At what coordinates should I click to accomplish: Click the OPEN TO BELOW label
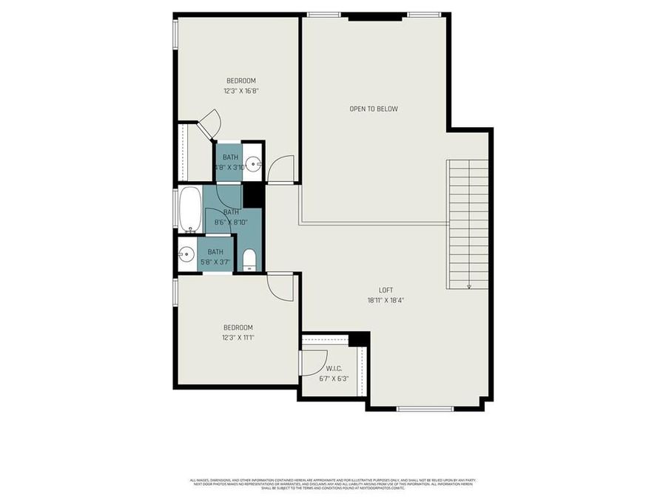tap(374, 109)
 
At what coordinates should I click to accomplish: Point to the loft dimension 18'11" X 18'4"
tap(385, 301)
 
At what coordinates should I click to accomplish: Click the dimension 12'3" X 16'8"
tap(240, 91)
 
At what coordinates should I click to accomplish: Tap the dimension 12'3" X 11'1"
tap(238, 338)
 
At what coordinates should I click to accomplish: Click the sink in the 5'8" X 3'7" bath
tap(186, 253)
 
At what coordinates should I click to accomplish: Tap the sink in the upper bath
tap(253, 164)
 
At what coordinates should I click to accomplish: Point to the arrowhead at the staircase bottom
tap(468, 286)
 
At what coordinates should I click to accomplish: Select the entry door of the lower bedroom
tap(281, 285)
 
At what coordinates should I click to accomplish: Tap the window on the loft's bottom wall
tap(425, 408)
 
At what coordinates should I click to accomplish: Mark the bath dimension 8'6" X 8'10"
tap(231, 222)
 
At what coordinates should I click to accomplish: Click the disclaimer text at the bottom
tap(332, 484)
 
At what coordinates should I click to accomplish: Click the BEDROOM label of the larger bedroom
tap(240, 81)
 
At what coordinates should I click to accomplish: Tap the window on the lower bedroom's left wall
tap(175, 291)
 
